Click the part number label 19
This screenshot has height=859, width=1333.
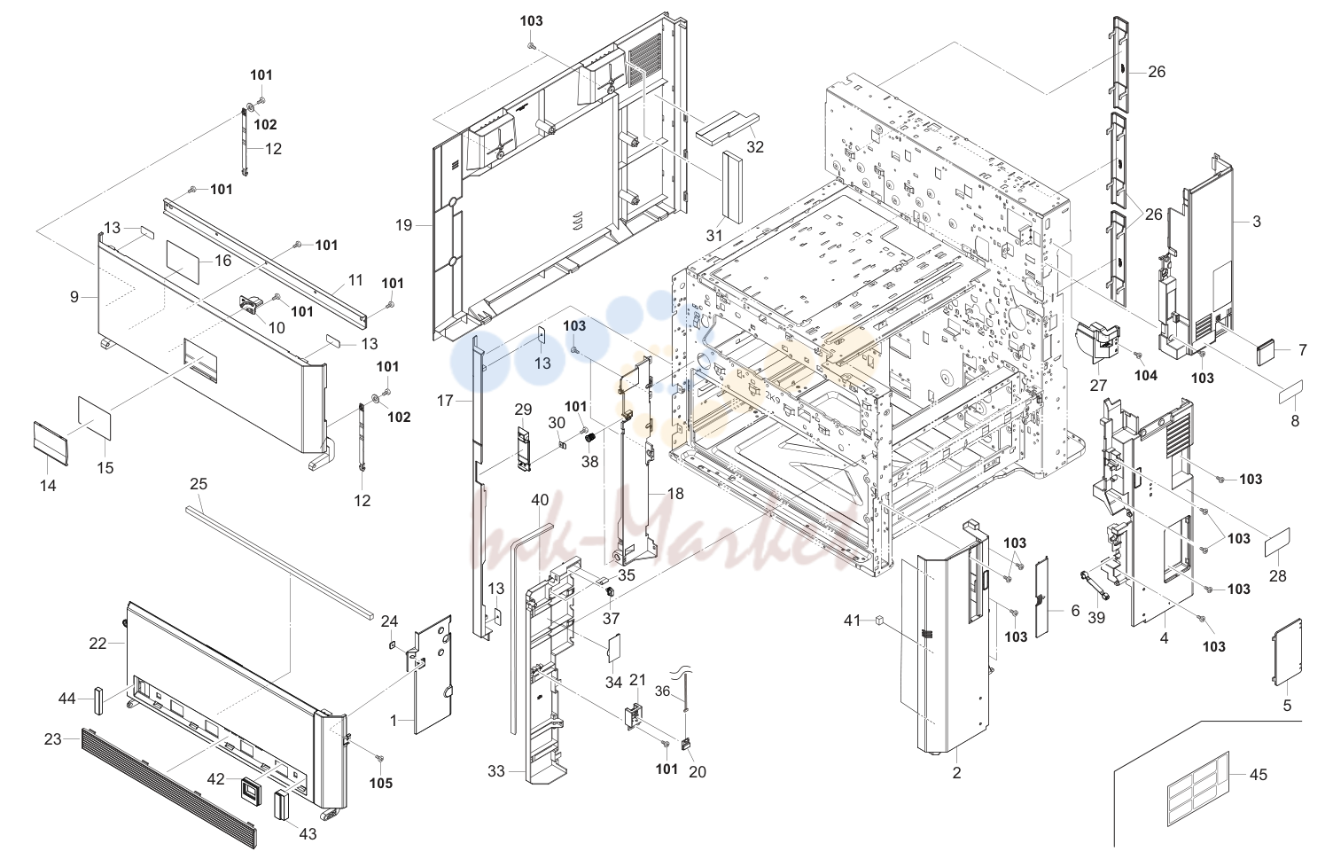pyautogui.click(x=403, y=226)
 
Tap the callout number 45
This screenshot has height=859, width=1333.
pyautogui.click(x=1258, y=775)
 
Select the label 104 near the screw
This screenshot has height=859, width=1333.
pyautogui.click(x=1145, y=376)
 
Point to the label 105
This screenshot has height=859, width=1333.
pyautogui.click(x=381, y=783)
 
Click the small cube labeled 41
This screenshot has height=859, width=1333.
pyautogui.click(x=878, y=621)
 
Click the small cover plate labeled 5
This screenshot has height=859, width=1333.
pyautogui.click(x=1287, y=652)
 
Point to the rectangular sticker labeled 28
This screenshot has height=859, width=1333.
pyautogui.click(x=1277, y=542)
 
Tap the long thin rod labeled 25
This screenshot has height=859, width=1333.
pyautogui.click(x=278, y=560)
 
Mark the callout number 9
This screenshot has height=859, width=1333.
pyautogui.click(x=74, y=296)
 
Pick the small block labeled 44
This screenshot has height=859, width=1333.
pyautogui.click(x=97, y=700)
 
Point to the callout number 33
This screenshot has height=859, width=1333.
pyautogui.click(x=496, y=771)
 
